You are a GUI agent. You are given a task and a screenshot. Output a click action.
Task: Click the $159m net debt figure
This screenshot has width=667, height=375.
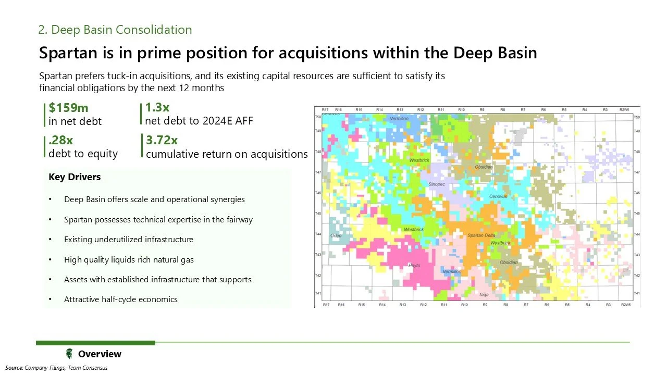pos(68,108)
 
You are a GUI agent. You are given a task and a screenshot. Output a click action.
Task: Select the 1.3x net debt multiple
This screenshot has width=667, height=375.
pos(157,108)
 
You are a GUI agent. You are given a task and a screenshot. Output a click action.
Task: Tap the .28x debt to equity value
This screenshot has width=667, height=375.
pos(60,140)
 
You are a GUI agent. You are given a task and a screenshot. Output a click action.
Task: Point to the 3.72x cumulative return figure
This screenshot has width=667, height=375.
pos(162,140)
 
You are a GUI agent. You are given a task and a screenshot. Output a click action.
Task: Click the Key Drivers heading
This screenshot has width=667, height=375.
pos(75,177)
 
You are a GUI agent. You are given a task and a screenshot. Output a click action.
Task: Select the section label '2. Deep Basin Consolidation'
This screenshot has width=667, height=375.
pos(115,30)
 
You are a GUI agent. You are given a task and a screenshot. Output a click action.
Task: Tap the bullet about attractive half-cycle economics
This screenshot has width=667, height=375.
pos(121,299)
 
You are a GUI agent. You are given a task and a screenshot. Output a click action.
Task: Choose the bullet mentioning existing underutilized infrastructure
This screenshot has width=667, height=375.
pos(129,240)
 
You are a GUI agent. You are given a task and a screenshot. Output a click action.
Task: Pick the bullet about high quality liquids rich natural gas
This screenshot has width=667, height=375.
pos(129,259)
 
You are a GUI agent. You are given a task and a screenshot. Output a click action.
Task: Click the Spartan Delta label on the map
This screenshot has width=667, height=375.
pos(481,235)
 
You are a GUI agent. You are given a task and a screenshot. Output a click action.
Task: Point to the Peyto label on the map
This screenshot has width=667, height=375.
pos(414,266)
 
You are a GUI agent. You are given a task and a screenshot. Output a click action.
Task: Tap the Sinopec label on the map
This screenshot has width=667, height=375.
pos(437,184)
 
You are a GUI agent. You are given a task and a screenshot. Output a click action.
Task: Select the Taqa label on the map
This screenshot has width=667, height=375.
pos(484,294)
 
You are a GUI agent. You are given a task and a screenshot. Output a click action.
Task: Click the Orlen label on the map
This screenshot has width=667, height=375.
pos(336,236)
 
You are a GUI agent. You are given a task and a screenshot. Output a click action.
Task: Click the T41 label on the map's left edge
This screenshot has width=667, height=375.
pos(318,294)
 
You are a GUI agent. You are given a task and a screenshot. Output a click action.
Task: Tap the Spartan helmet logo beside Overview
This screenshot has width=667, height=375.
pos(69,354)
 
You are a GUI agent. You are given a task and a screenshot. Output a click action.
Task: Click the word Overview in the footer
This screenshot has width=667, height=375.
pos(100,354)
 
